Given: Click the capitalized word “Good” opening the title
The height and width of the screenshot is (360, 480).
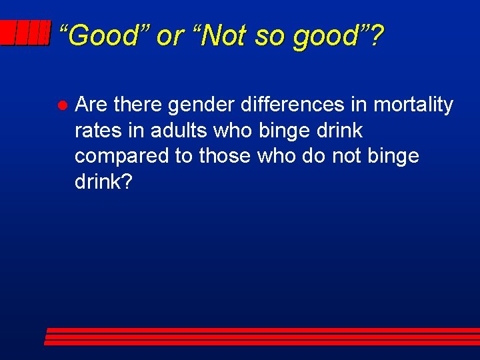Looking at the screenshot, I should pos(102,35).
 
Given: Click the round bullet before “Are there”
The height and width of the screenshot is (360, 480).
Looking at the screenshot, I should pos(60,106).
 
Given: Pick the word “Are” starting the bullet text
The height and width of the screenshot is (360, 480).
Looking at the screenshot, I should pos(91,105).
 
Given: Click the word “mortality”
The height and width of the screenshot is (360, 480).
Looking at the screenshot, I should pos(413,105).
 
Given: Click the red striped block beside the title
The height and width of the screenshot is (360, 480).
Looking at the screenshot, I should pos(25,33).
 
